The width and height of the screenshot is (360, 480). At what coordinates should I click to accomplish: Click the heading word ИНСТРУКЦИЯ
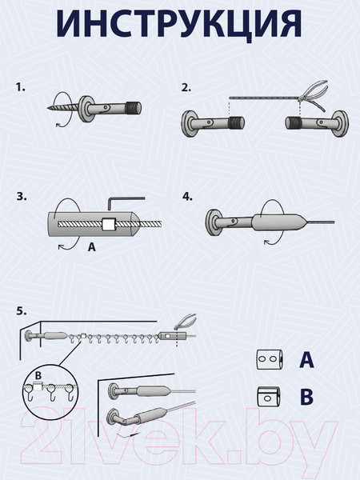click(179, 24)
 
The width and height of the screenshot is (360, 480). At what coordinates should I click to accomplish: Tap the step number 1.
click(21, 87)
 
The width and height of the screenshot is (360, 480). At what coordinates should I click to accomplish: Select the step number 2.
click(186, 87)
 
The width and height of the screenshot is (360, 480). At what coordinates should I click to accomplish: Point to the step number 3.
click(22, 197)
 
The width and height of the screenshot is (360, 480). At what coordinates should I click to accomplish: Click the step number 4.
click(188, 197)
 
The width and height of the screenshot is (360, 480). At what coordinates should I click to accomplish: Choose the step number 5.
click(22, 311)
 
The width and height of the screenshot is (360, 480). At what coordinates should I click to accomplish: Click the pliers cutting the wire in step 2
click(313, 94)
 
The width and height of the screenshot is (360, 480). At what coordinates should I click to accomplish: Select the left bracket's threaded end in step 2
click(236, 123)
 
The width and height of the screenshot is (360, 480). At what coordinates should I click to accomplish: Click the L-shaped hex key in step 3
click(126, 203)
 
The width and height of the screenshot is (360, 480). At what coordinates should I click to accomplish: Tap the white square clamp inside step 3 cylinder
click(109, 224)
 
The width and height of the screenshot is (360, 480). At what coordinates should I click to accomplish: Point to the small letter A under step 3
click(92, 246)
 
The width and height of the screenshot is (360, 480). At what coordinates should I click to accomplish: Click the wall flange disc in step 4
click(210, 224)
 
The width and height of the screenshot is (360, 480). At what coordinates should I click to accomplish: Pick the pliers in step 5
click(185, 322)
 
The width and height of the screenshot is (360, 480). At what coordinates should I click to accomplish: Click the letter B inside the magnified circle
click(38, 376)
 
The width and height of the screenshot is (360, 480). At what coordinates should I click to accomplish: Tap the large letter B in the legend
click(306, 397)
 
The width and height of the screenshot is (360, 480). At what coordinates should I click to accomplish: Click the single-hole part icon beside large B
click(269, 397)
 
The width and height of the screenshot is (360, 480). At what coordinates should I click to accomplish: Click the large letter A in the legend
click(306, 359)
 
